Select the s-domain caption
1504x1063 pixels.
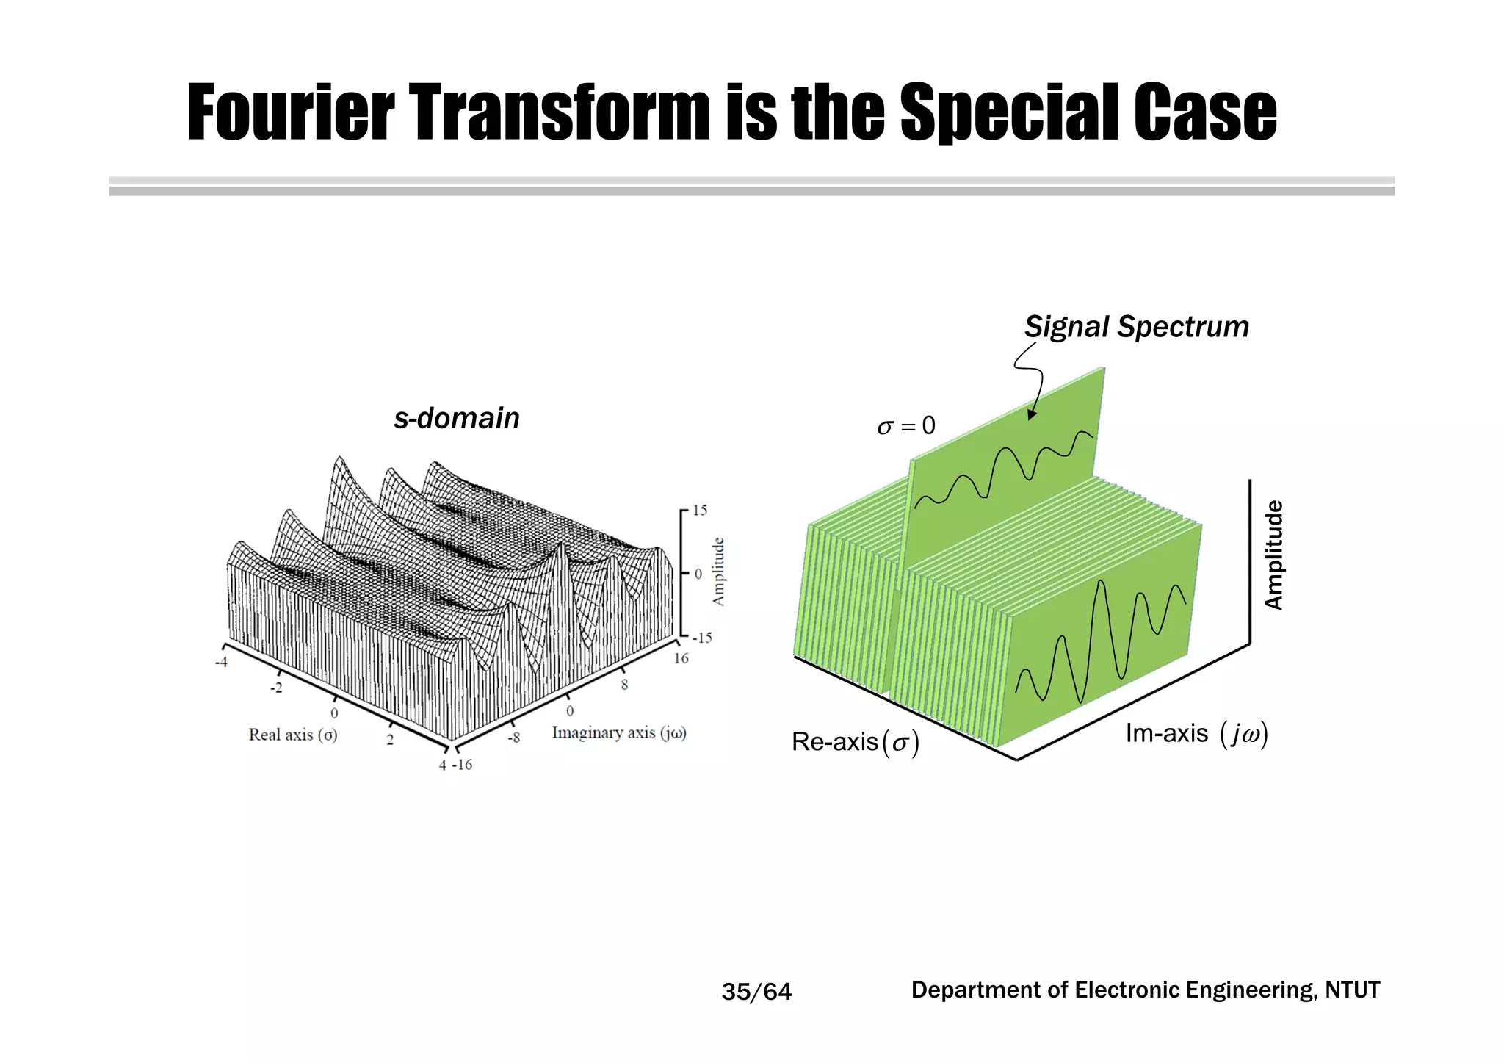(x=456, y=419)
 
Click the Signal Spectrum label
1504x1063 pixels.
(x=1136, y=327)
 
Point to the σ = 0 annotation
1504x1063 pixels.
(x=906, y=426)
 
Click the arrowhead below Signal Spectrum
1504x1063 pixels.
(x=1031, y=416)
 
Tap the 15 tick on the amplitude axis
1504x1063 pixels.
(x=700, y=510)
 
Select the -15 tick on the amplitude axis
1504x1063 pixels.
(x=702, y=638)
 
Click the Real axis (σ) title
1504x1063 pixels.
(x=293, y=735)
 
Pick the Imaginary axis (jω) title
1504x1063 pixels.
(x=619, y=733)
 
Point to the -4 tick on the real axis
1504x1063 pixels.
(x=220, y=663)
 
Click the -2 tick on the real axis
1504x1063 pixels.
(x=276, y=688)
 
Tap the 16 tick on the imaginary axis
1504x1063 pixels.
(x=681, y=658)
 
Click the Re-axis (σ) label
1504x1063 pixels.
(x=855, y=743)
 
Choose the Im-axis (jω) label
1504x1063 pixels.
(x=1196, y=734)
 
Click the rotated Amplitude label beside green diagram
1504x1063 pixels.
(x=1274, y=555)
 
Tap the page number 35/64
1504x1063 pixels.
(x=756, y=992)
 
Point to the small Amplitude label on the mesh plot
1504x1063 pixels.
(x=719, y=572)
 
